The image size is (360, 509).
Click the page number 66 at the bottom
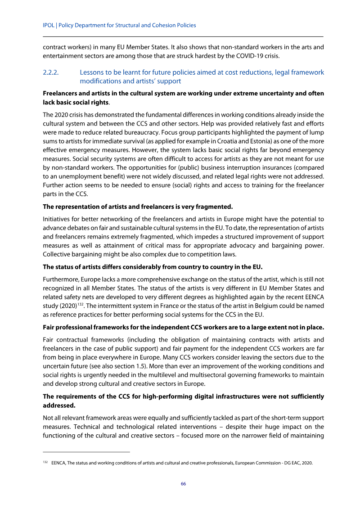(x=183, y=484)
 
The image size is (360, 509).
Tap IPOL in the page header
(x=48, y=25)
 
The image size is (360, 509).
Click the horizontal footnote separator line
(x=86, y=451)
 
